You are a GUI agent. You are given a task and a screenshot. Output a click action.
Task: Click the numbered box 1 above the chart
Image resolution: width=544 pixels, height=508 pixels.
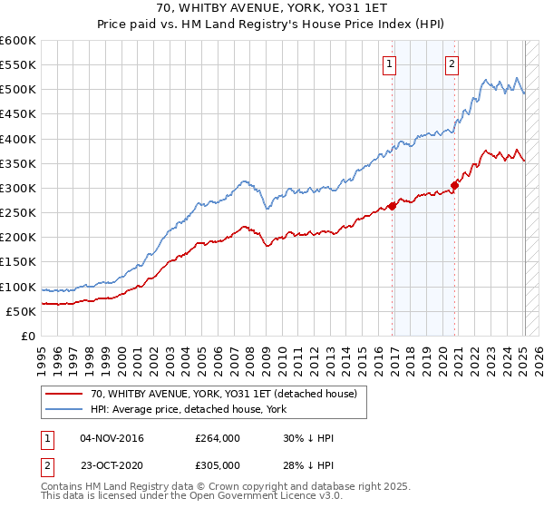(x=389, y=63)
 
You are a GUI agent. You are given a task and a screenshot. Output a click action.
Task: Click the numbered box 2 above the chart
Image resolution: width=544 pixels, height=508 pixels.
(x=451, y=63)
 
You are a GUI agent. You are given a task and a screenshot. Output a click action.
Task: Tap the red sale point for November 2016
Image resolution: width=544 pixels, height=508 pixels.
(x=393, y=206)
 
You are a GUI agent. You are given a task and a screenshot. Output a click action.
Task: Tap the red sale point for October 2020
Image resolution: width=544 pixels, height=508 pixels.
(x=456, y=186)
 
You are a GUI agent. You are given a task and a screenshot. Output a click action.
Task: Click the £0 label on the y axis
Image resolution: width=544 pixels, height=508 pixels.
(x=28, y=336)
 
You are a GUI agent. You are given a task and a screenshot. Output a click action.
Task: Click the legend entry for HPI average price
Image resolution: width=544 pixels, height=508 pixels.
(x=189, y=409)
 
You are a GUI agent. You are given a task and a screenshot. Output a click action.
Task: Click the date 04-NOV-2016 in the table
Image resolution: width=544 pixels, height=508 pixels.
(x=112, y=438)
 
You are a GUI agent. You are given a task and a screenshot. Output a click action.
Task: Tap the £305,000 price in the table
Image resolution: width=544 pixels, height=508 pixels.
(x=217, y=465)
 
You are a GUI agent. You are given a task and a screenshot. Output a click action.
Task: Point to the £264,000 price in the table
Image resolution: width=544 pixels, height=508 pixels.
(x=217, y=438)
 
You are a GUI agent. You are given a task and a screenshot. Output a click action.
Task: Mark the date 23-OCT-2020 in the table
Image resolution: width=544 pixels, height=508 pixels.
(x=112, y=465)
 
